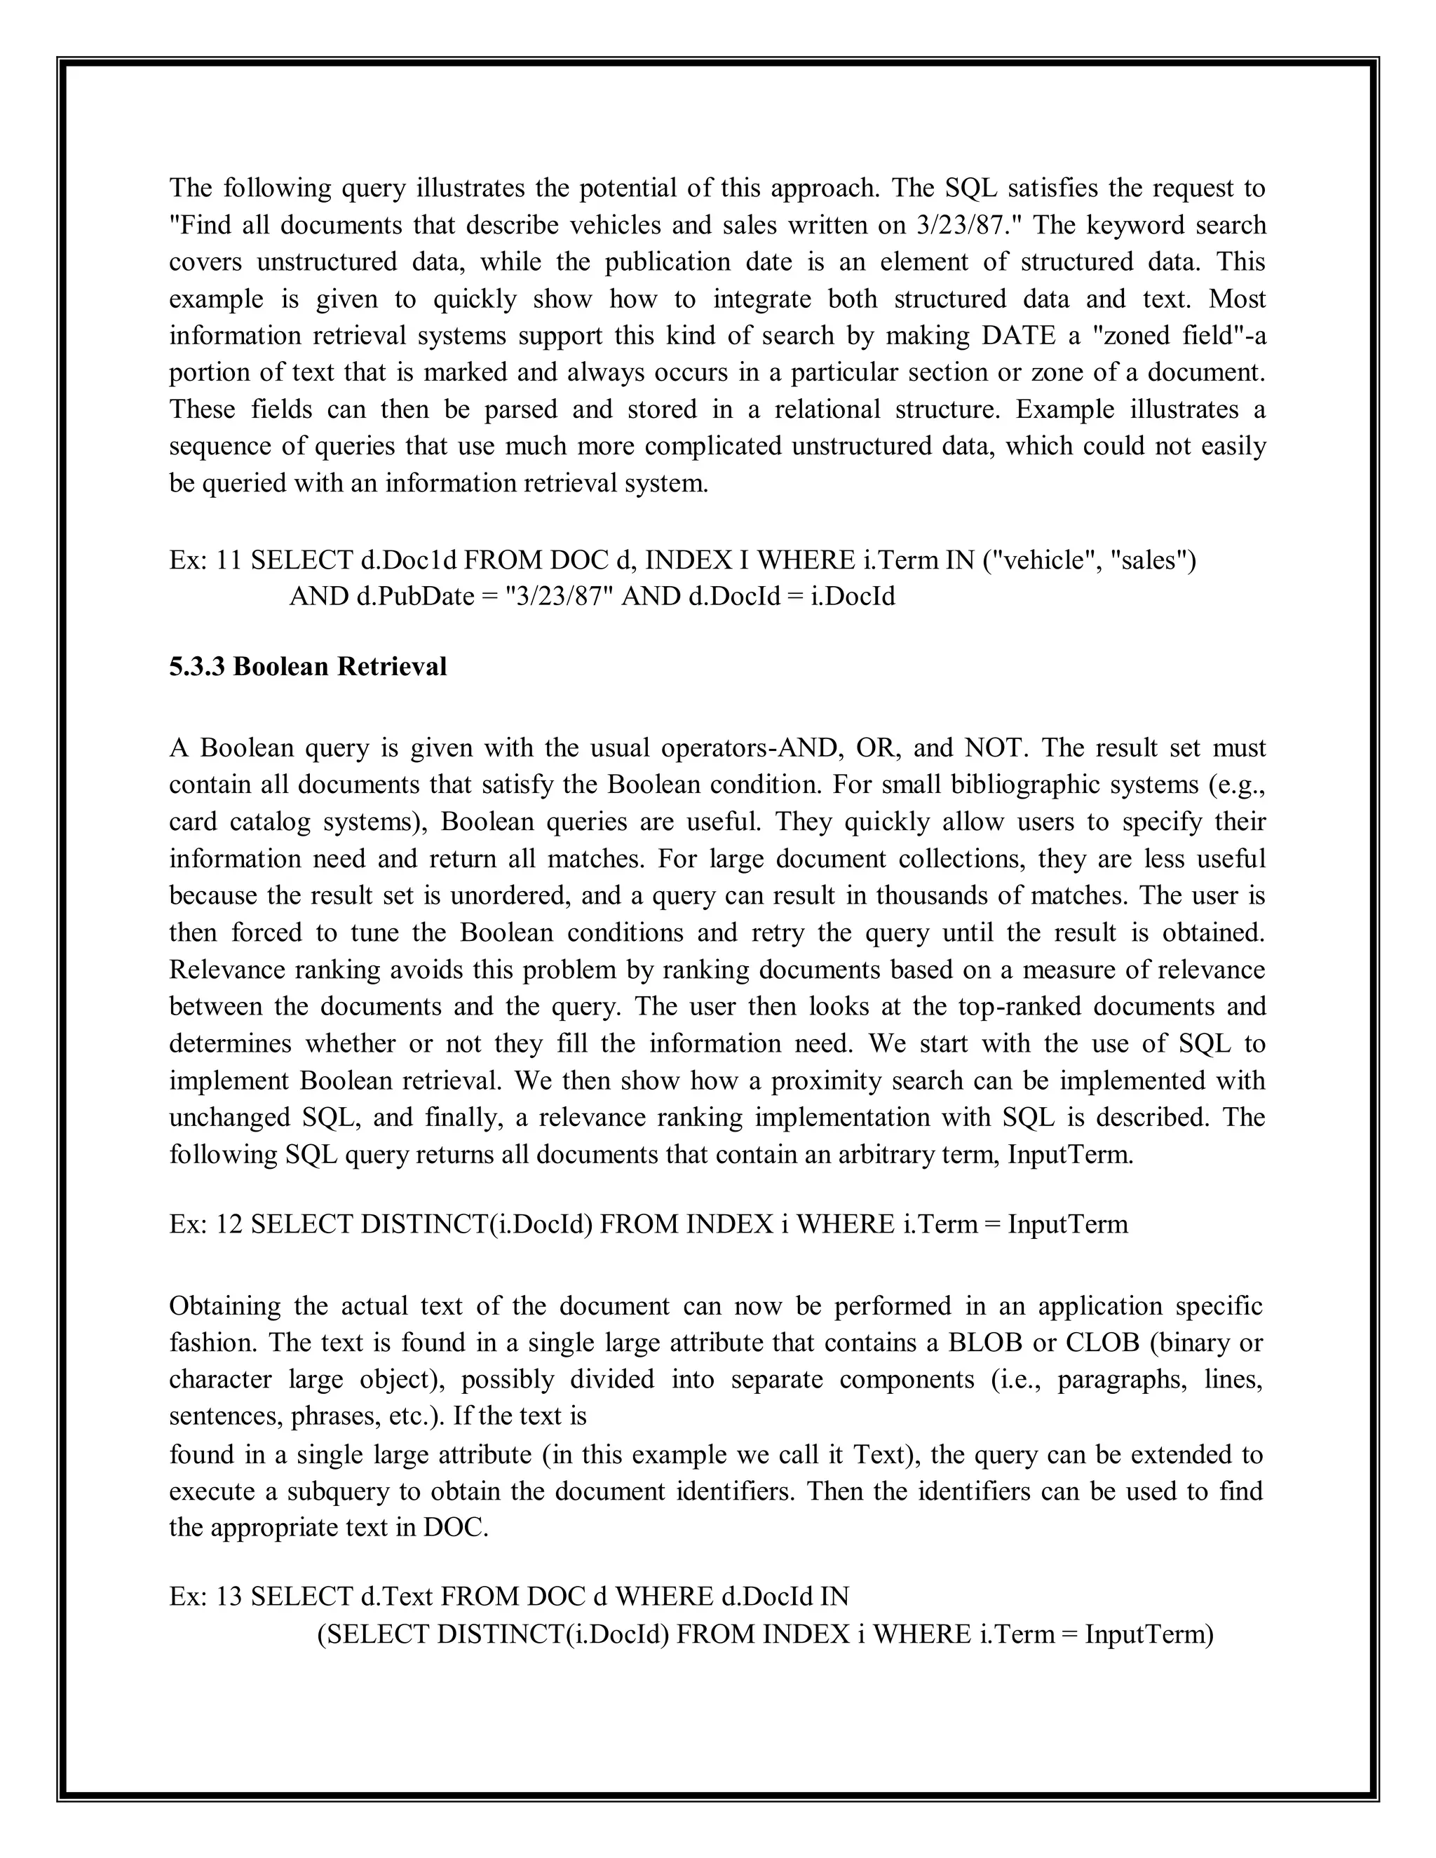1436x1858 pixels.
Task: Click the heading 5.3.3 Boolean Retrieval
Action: pyautogui.click(x=307, y=666)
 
